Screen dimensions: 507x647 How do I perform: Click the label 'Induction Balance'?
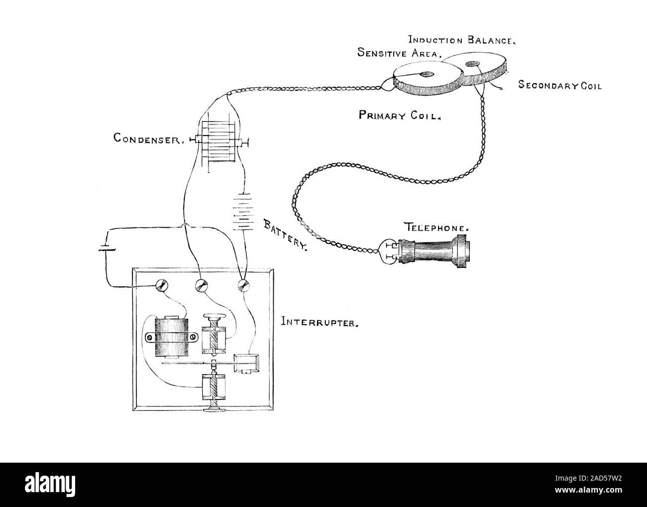click(x=461, y=40)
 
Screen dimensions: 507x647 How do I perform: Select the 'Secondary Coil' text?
click(x=560, y=86)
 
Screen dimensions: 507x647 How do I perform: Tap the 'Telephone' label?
click(x=435, y=228)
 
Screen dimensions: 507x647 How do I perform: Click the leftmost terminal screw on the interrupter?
click(x=162, y=285)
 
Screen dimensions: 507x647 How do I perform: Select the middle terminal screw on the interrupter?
click(x=202, y=285)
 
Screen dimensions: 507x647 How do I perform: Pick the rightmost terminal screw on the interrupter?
click(x=243, y=285)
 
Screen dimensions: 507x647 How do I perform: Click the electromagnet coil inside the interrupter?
click(x=172, y=337)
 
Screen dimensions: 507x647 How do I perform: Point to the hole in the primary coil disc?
click(x=427, y=75)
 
